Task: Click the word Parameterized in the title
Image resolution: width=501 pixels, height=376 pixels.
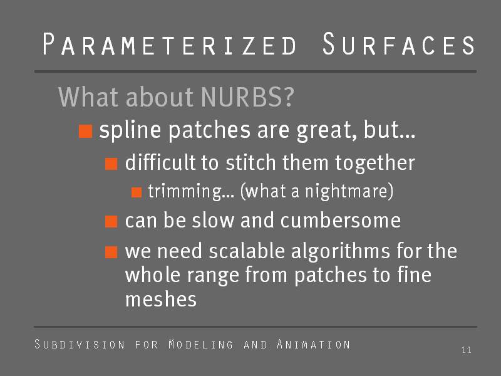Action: tap(170, 44)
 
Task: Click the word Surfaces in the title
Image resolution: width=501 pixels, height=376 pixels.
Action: tap(399, 44)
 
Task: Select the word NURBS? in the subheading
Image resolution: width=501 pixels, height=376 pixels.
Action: tap(247, 97)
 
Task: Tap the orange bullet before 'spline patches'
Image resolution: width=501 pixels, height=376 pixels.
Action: tap(86, 131)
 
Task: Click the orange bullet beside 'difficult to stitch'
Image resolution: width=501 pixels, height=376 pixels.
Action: tap(111, 164)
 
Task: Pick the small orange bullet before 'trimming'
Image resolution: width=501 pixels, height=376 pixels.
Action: tap(137, 192)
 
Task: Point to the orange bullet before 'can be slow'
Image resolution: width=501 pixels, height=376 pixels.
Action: tap(111, 222)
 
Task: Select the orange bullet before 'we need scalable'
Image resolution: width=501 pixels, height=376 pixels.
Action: tap(111, 252)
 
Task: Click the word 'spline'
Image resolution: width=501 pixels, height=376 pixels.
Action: tap(130, 130)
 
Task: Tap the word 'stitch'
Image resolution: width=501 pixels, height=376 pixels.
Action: tap(250, 162)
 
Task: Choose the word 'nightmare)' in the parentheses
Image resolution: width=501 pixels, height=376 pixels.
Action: tap(349, 191)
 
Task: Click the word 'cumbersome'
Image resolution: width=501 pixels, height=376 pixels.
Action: tap(341, 221)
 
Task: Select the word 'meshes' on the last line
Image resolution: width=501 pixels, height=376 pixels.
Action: tap(161, 300)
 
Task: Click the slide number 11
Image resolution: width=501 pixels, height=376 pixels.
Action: tap(467, 350)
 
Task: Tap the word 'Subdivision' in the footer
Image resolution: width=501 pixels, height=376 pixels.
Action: tap(80, 344)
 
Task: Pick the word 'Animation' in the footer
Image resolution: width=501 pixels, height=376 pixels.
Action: tap(314, 344)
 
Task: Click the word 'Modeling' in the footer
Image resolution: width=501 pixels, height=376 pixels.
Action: tap(200, 344)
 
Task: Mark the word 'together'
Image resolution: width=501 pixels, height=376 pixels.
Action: tap(375, 164)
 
